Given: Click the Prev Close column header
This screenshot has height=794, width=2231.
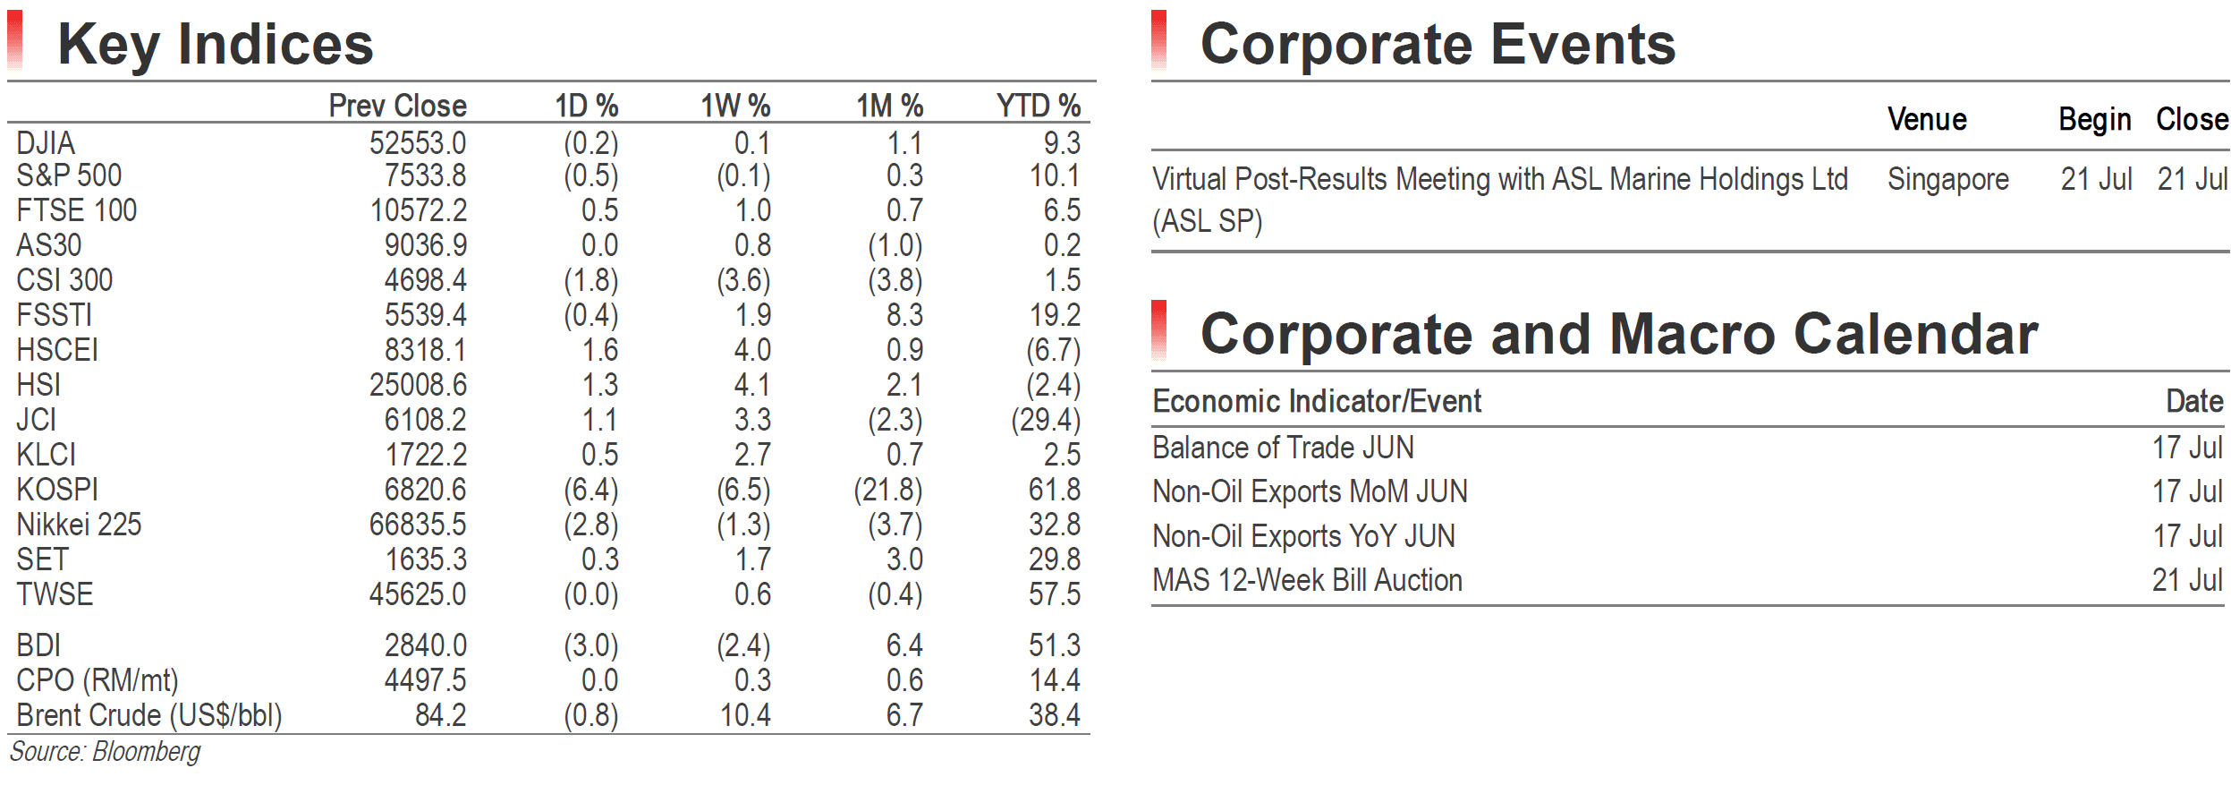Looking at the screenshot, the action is [x=397, y=106].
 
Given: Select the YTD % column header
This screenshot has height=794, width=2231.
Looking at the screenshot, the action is [x=1039, y=106].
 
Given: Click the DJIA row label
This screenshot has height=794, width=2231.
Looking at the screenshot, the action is [x=46, y=143].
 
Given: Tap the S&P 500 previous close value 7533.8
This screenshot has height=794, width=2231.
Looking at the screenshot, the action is [x=425, y=175].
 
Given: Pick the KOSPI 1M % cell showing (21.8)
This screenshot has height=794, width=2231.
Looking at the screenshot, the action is [x=888, y=490].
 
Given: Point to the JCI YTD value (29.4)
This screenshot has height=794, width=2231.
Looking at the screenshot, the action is [x=1046, y=420].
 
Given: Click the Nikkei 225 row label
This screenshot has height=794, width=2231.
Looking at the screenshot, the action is [x=79, y=525].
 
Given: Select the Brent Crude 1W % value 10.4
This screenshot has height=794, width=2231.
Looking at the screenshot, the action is [x=745, y=715].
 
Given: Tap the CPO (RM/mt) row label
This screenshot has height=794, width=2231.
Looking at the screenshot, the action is [x=98, y=681].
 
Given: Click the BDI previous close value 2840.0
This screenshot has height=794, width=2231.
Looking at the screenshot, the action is [x=425, y=645].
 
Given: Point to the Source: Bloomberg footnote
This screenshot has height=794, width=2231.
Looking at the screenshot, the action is [x=105, y=752].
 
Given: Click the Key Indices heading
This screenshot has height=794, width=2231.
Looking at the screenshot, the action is [x=215, y=45].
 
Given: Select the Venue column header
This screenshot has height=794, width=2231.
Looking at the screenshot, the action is [x=1927, y=119].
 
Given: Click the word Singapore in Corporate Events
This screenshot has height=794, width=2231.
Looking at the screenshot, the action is [x=1948, y=180].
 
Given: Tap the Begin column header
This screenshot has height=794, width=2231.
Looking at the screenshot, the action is [x=2095, y=119].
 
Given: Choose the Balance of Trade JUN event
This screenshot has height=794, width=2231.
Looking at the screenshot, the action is [x=1283, y=448].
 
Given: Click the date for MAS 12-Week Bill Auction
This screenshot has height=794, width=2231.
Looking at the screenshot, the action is [x=2187, y=580].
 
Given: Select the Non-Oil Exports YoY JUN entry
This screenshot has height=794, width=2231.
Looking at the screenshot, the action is [x=1303, y=536].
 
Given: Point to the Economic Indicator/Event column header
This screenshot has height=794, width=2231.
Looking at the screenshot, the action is [x=1317, y=401].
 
